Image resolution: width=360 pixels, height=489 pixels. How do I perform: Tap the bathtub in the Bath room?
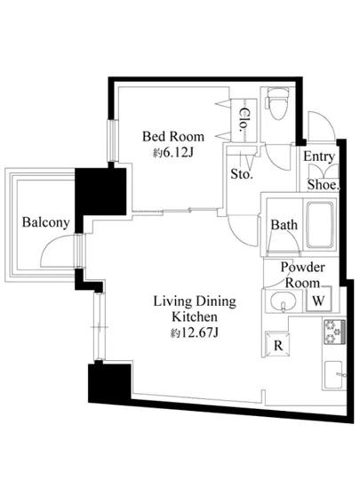319,225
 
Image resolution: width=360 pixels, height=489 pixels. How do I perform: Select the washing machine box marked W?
318,300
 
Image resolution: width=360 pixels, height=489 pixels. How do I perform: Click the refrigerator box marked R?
277,345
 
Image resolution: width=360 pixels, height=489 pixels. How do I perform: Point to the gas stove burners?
333,332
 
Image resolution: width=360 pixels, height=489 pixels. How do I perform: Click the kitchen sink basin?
333,374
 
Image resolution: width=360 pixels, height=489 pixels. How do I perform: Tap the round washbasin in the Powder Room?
283,301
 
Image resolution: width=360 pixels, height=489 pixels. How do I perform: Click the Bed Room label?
173,136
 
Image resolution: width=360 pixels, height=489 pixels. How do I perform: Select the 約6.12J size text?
173,153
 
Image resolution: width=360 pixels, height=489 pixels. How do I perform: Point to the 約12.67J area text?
195,333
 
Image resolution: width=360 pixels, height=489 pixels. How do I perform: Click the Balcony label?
45,223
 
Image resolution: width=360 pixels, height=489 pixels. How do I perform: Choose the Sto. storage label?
242,173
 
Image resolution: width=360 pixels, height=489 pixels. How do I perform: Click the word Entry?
319,156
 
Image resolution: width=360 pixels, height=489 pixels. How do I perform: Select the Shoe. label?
324,185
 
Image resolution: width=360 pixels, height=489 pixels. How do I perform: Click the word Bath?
284,225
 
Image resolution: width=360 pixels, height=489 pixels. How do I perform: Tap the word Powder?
302,267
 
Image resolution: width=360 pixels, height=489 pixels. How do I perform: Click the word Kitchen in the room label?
195,317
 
